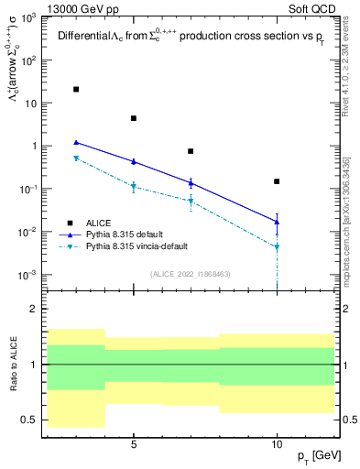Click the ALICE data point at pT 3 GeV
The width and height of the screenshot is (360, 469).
(x=76, y=89)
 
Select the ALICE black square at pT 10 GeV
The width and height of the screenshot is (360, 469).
(x=278, y=181)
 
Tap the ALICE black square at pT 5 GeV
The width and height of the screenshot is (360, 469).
(x=134, y=118)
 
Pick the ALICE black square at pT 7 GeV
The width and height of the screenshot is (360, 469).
(x=191, y=151)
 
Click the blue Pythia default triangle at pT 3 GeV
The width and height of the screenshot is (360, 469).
(x=76, y=142)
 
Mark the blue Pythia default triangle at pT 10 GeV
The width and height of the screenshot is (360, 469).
(x=278, y=221)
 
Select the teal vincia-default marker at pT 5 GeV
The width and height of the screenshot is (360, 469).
(x=134, y=187)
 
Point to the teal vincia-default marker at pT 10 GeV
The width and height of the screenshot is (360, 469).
(x=278, y=246)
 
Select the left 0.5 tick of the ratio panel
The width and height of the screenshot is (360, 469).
(x=32, y=420)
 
